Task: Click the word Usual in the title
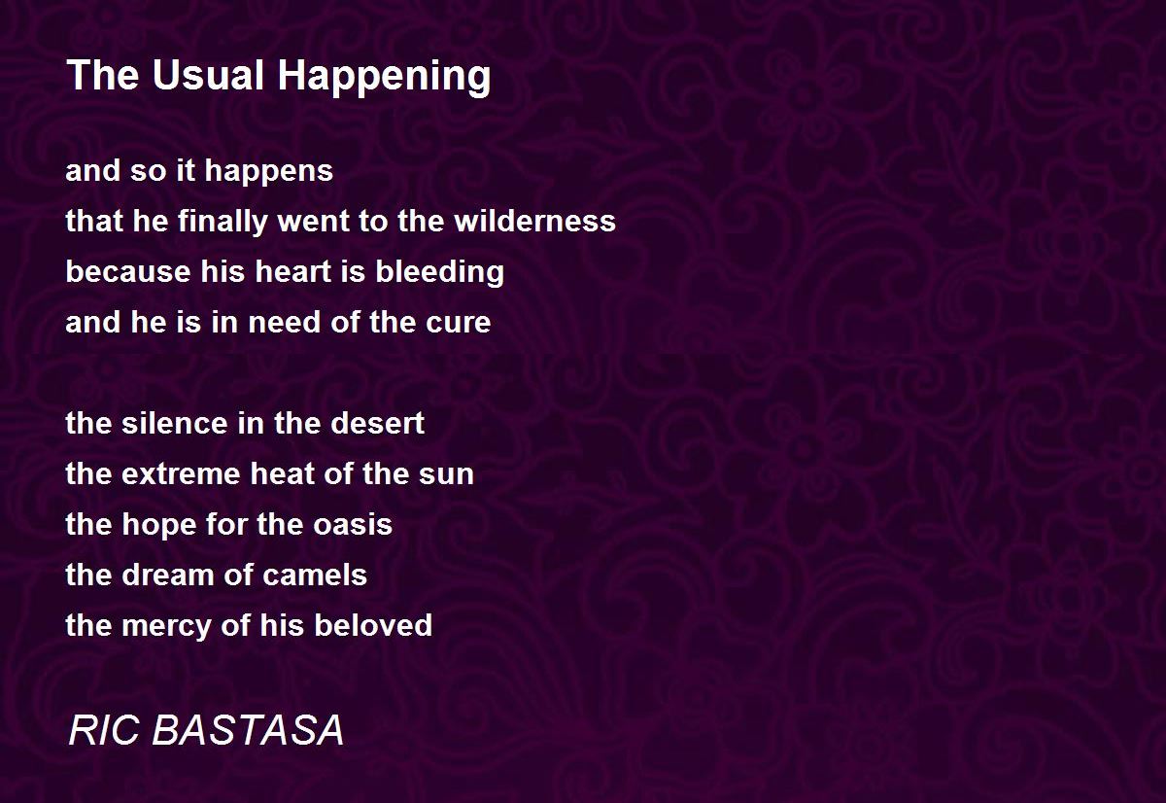[208, 75]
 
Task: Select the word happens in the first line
[268, 173]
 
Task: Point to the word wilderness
[534, 221]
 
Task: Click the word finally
[222, 223]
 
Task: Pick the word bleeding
[439, 273]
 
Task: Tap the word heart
[293, 271]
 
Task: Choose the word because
[128, 271]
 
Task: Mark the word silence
[173, 423]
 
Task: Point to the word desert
[377, 423]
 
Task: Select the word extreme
[181, 474]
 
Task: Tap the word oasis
[353, 524]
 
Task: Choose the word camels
[315, 575]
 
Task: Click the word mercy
[166, 627]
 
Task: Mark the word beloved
[373, 625]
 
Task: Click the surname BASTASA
[248, 730]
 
